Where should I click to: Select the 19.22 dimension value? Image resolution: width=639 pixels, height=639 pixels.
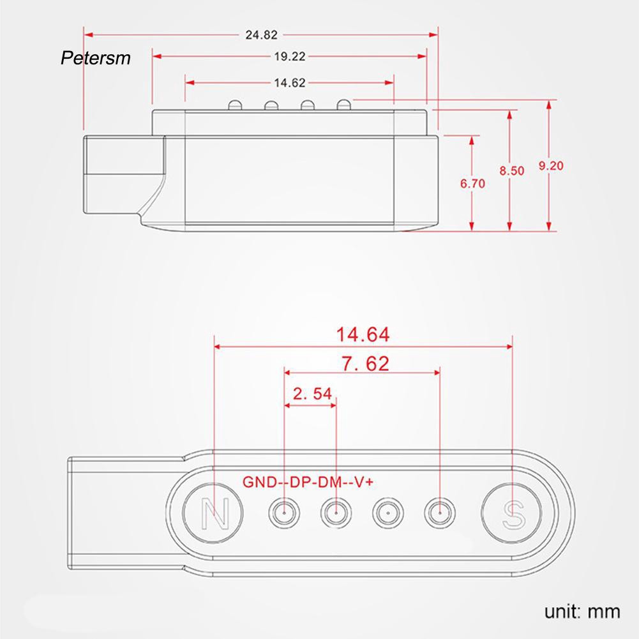coord(290,56)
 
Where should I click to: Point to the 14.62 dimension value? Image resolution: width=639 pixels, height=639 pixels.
coord(289,82)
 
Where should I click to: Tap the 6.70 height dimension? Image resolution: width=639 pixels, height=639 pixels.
coord(472,184)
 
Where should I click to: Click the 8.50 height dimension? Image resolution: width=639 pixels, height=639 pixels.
coord(511,170)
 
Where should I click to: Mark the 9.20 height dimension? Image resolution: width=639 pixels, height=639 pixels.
coord(550,165)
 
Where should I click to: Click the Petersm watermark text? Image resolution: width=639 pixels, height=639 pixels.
coord(95,59)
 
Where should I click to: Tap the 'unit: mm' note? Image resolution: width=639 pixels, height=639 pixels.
coord(582,612)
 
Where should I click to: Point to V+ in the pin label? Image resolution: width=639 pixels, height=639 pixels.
coord(364,481)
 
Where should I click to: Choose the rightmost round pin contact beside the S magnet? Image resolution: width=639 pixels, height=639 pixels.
coord(439,511)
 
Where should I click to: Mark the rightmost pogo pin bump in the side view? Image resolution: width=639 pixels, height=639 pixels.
coord(343,103)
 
